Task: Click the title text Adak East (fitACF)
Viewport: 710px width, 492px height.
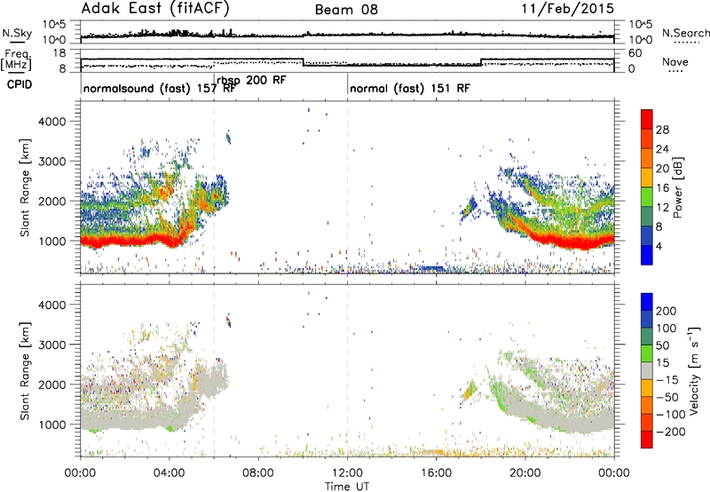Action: [x=155, y=9]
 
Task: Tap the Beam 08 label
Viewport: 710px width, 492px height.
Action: [x=346, y=10]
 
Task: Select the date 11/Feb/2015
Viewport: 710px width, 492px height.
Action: [x=568, y=9]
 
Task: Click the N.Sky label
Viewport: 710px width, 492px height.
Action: [x=17, y=33]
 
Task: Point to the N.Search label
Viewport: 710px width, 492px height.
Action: [x=685, y=33]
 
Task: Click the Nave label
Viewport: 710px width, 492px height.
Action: [x=675, y=61]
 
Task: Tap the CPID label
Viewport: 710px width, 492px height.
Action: [x=20, y=84]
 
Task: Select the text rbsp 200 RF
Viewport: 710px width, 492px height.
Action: [x=251, y=80]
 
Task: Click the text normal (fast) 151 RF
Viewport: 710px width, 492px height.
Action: [x=410, y=88]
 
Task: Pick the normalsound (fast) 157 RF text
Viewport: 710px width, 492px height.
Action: [x=160, y=88]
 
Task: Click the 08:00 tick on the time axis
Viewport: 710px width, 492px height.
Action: [x=258, y=473]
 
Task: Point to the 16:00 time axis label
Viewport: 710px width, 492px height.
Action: [x=436, y=473]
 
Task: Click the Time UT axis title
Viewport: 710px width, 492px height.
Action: [x=347, y=486]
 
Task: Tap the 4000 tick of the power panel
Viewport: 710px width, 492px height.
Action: [x=51, y=122]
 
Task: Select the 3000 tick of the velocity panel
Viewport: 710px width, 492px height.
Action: [x=51, y=345]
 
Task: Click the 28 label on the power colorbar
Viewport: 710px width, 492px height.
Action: [x=662, y=130]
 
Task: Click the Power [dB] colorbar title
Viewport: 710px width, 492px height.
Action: [x=677, y=187]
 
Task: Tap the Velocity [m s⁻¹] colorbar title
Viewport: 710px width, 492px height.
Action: [x=694, y=370]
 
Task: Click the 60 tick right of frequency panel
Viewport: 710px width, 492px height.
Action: [x=635, y=53]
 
